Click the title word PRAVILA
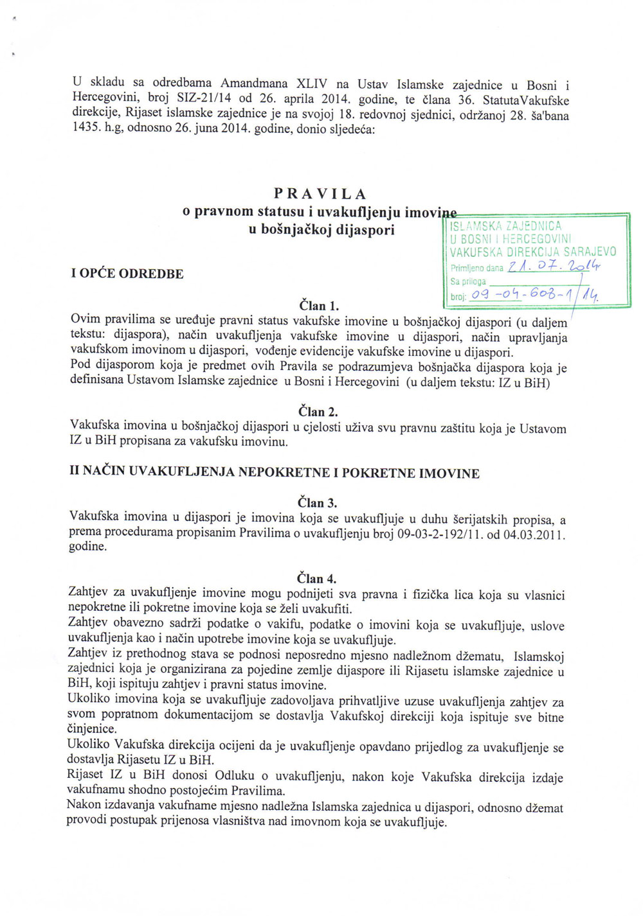(x=320, y=193)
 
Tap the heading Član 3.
(x=318, y=503)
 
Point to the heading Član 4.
(x=317, y=579)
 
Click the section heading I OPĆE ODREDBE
(x=127, y=274)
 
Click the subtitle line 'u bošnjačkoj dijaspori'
(x=321, y=229)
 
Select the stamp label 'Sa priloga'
(x=468, y=281)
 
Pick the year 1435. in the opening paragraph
(x=86, y=128)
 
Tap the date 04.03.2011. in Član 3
(x=537, y=534)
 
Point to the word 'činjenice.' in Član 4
(x=93, y=729)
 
